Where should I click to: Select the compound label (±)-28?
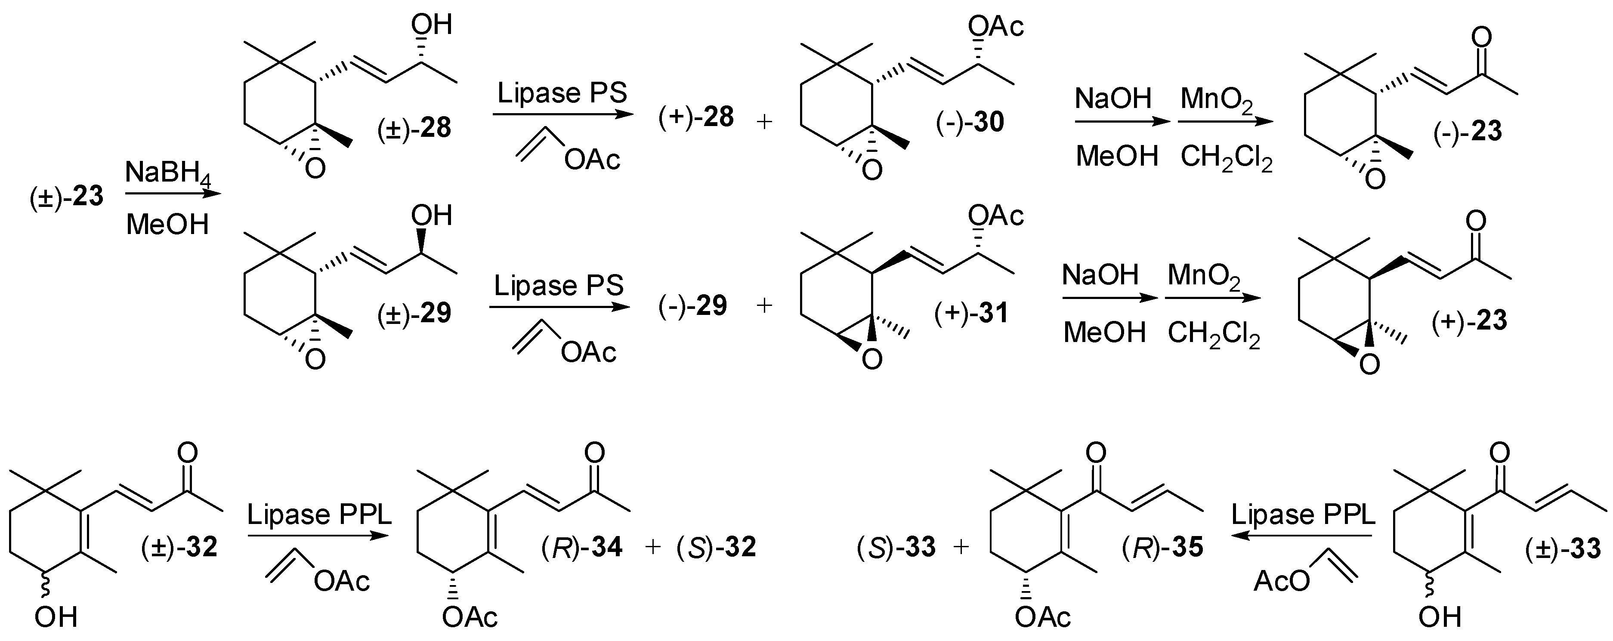[414, 128]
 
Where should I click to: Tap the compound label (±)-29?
[414, 313]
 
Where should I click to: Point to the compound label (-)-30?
[970, 123]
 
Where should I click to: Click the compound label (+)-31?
[971, 313]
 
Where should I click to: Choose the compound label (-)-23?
[1468, 132]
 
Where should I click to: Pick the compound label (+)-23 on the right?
[1469, 320]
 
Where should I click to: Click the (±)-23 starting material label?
[66, 197]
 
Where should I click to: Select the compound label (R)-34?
[582, 547]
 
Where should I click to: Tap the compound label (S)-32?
[716, 547]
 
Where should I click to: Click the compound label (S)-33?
[896, 547]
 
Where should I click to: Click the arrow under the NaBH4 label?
[173, 194]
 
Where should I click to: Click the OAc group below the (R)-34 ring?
[470, 618]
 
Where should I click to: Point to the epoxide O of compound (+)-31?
[871, 359]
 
